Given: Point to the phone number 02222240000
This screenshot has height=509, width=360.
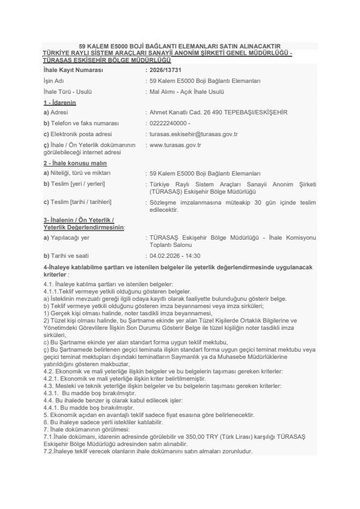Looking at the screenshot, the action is (169, 123).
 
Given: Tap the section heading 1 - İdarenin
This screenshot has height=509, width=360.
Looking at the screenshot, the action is (59, 102).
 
